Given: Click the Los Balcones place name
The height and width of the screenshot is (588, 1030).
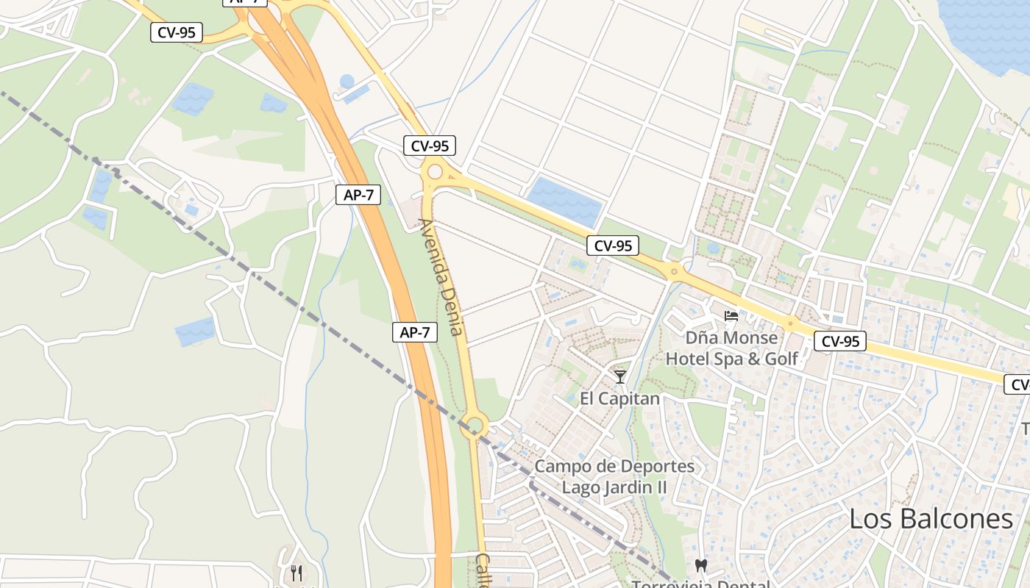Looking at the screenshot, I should point(931,519).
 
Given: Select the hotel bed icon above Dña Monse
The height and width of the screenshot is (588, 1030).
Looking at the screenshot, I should point(731,316).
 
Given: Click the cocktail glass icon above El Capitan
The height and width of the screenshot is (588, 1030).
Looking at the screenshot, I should point(620,377).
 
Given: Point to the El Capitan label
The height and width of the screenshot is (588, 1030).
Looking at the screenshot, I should point(619,398).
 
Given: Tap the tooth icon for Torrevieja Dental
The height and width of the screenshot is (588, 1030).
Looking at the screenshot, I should point(700,566).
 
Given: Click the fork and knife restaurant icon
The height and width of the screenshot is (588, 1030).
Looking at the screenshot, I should point(296,573).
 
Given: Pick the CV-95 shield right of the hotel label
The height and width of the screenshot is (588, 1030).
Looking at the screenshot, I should point(840,341).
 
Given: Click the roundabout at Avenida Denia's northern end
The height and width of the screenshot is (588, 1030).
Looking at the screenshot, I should point(435,172).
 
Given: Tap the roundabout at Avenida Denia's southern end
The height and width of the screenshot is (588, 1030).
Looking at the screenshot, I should point(475,425).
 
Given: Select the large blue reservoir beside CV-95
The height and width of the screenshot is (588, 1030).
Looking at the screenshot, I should point(565,201).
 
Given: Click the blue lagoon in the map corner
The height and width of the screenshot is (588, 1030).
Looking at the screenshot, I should point(990,29).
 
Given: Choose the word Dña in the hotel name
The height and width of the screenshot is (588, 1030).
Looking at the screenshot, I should point(702,338).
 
